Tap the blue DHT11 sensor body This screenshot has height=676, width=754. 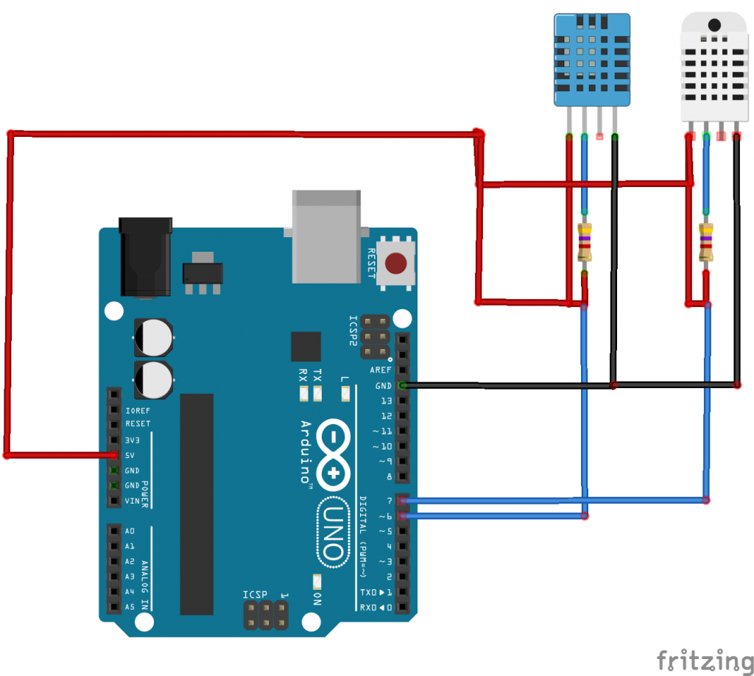(x=592, y=59)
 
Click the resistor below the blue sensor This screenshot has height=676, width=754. (x=585, y=243)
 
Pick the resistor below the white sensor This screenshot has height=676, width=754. (x=706, y=243)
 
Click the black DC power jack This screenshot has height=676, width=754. (x=145, y=256)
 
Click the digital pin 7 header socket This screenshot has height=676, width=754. (x=402, y=501)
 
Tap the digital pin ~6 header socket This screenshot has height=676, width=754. (x=402, y=516)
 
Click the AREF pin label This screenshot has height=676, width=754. (x=381, y=370)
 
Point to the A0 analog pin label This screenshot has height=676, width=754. (x=130, y=531)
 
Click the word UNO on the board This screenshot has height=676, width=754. (x=332, y=532)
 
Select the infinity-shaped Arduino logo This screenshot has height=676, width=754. (x=334, y=453)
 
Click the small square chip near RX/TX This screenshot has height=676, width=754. (x=306, y=346)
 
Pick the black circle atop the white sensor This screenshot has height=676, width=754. (x=715, y=25)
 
